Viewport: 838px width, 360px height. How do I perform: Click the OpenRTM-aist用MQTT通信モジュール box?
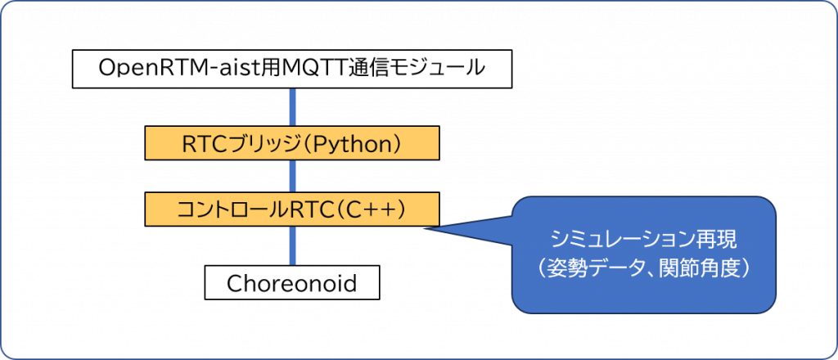tap(292, 69)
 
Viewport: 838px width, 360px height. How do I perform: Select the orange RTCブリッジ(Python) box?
tap(292, 142)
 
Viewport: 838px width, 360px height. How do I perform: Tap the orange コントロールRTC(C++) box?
tap(292, 209)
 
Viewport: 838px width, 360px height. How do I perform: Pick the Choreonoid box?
tap(292, 282)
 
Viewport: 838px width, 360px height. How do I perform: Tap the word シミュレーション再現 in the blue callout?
tap(645, 241)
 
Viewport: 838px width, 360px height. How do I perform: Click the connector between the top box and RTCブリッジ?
tap(292, 107)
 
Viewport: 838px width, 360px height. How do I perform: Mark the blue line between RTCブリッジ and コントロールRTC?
tap(292, 176)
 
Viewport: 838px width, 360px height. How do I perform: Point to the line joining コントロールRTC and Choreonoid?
tap(292, 245)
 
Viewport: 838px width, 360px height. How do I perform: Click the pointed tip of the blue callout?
tap(425, 229)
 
